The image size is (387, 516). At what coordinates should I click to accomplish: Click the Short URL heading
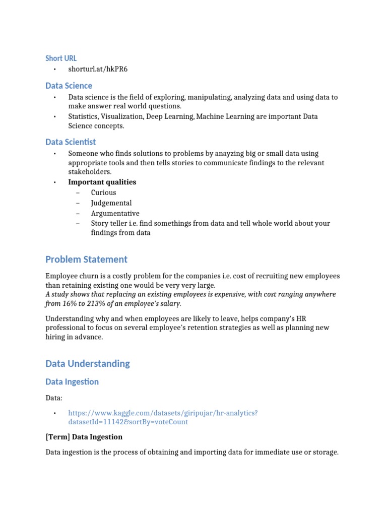pyautogui.click(x=61, y=58)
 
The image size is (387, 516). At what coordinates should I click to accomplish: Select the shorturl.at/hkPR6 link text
pyautogui.click(x=98, y=69)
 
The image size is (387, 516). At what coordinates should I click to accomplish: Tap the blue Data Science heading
pyautogui.click(x=69, y=86)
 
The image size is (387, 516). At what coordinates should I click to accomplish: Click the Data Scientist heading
pyautogui.click(x=71, y=142)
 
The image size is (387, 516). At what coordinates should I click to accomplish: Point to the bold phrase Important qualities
pyautogui.click(x=102, y=182)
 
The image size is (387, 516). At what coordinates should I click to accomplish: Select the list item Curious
pyautogui.click(x=103, y=192)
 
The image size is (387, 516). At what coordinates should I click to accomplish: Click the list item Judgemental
pyautogui.click(x=111, y=203)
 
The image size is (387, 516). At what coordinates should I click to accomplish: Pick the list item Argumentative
pyautogui.click(x=115, y=213)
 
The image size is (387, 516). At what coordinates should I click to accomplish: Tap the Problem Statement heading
pyautogui.click(x=86, y=260)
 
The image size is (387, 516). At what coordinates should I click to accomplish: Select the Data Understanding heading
pyautogui.click(x=88, y=363)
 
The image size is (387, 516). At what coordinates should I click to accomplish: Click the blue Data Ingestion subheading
pyautogui.click(x=72, y=382)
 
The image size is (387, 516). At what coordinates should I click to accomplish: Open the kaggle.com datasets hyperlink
pyautogui.click(x=163, y=413)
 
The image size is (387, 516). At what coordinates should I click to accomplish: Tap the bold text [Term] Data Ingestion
pyautogui.click(x=84, y=437)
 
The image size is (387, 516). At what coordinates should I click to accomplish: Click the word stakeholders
pyautogui.click(x=90, y=172)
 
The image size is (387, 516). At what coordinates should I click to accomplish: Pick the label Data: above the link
pyautogui.click(x=54, y=398)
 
